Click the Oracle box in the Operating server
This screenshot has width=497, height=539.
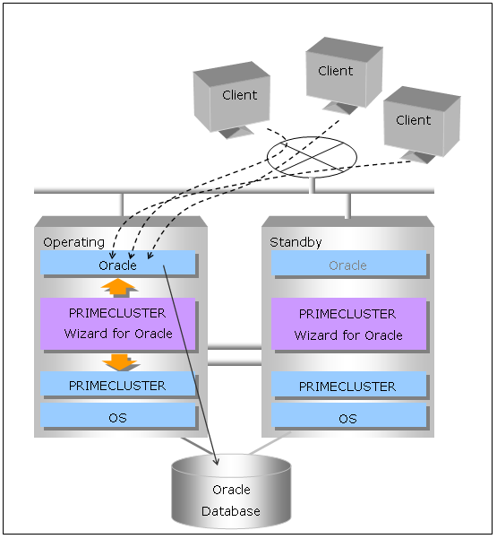point(117,263)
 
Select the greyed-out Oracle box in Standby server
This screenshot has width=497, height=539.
point(348,263)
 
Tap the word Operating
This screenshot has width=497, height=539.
point(73,243)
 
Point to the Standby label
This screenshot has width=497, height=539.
point(296,242)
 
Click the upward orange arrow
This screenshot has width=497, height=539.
point(118,287)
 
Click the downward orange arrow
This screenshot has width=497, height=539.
point(120,362)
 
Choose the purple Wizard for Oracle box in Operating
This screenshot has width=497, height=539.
point(117,324)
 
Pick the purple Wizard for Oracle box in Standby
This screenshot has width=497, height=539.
point(348,324)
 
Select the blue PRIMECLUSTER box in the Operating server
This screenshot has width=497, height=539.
point(117,384)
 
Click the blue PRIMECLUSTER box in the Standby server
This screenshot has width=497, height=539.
point(348,384)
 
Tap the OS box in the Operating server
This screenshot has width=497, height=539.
point(117,415)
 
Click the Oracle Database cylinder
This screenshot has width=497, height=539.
point(231,491)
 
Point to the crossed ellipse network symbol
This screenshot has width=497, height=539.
point(312,158)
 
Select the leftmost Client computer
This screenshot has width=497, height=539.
point(232,100)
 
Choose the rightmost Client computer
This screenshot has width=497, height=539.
point(422,125)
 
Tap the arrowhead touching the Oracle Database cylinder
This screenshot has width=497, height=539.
point(216,462)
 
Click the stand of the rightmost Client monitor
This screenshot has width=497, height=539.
point(417,157)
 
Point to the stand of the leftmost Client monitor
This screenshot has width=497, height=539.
point(236,133)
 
